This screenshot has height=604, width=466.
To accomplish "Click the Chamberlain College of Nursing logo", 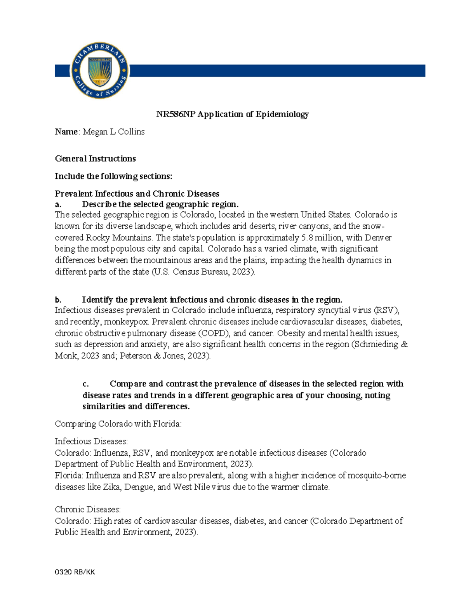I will pos(100,71).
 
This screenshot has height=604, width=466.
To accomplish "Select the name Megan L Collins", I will pos(113,132).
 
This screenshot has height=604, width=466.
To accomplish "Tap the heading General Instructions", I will pos(95,158).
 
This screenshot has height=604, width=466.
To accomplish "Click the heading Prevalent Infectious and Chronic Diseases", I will pos(137,194).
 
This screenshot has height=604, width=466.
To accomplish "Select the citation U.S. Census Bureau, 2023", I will pos(202,272).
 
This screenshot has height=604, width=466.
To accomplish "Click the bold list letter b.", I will pos(58,300).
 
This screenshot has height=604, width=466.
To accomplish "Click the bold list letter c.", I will pos(85,384).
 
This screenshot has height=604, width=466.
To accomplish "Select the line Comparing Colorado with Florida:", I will pos(118,424).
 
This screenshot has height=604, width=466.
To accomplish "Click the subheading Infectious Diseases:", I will pos(91,442).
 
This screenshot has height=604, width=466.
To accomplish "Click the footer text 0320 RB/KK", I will pos(75,572).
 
